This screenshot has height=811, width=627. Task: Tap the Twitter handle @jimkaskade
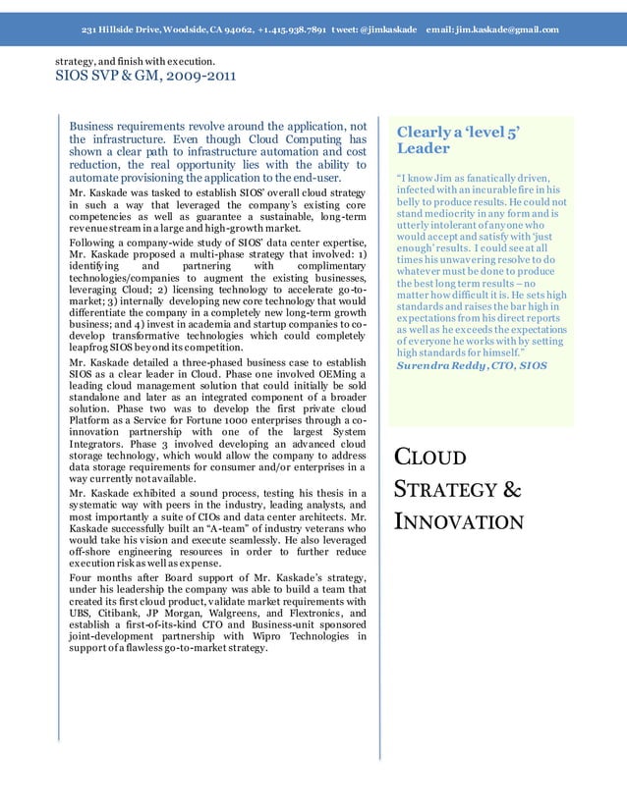point(393,29)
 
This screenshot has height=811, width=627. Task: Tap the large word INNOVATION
point(459,520)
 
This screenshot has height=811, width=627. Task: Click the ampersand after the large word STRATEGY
point(511,488)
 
